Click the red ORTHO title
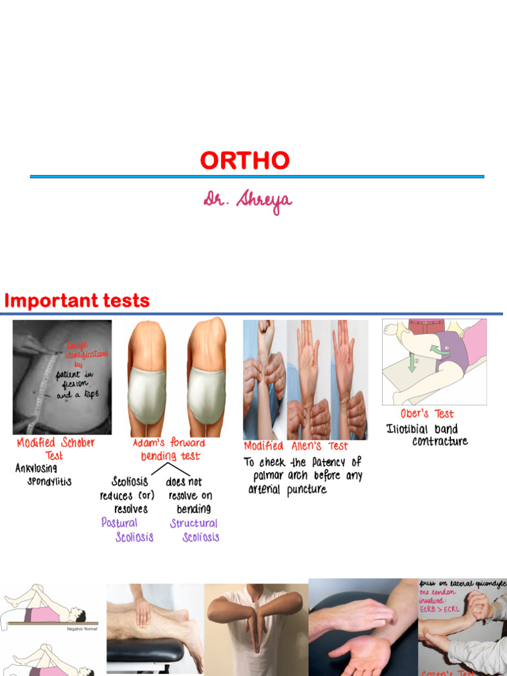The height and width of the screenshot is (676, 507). tap(245, 160)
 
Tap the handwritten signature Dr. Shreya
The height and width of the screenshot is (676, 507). tap(248, 202)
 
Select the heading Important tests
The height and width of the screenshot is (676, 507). tap(77, 301)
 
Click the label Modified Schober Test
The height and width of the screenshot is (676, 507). tap(55, 449)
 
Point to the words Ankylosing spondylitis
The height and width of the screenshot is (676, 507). tap(43, 475)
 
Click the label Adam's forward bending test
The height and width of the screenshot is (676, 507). tap(170, 449)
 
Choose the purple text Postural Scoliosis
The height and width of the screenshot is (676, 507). tap(127, 529)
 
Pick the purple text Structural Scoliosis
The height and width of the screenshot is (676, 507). tap(194, 529)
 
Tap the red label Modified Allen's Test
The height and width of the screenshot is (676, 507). tap(295, 446)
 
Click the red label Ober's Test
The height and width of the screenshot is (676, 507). tap(427, 414)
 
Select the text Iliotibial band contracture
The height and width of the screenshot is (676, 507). tap(427, 435)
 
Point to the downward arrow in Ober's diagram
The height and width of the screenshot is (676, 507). tap(412, 362)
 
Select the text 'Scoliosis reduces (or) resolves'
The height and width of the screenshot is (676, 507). tap(127, 495)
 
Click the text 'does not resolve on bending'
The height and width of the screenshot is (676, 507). tap(188, 495)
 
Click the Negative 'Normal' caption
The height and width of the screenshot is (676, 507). tap(82, 629)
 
